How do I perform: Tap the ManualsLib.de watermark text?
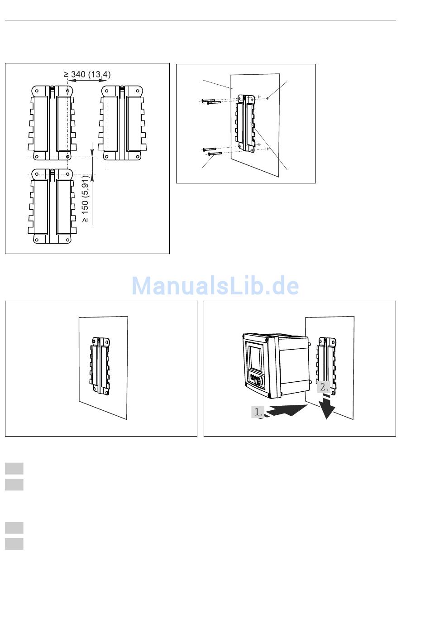[215, 286]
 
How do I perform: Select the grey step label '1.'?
[258, 412]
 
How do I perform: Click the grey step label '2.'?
[324, 387]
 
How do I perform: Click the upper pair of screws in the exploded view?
[210, 101]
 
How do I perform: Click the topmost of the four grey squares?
[14, 468]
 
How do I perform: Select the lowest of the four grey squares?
[14, 543]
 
